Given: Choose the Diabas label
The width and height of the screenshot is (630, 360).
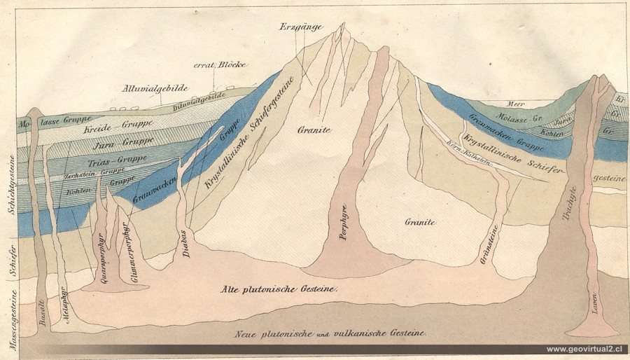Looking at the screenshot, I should click(187, 244).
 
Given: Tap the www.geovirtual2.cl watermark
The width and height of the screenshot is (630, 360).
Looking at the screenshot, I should click(584, 349).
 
